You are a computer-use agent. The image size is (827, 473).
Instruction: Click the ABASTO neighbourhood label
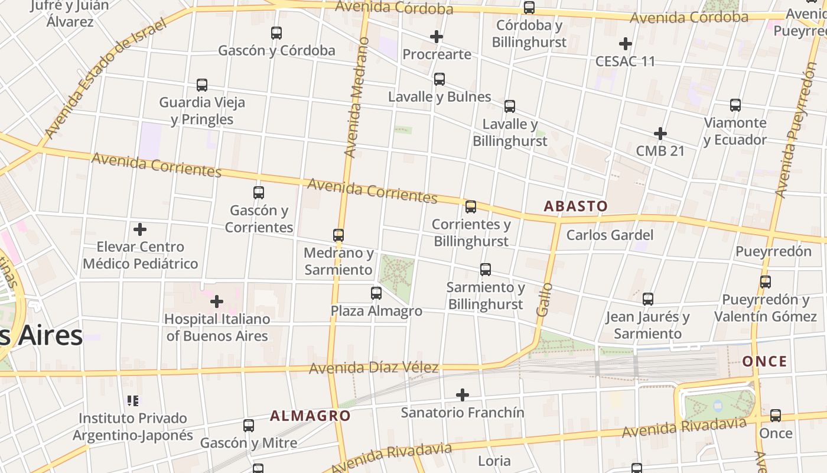tap(575, 206)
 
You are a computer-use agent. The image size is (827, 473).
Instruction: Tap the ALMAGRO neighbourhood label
tap(310, 416)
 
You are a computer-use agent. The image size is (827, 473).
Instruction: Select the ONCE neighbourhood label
tap(764, 361)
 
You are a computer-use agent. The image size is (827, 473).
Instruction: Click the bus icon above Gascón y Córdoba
tap(276, 33)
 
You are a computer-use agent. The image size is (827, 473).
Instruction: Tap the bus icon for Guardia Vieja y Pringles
tap(202, 85)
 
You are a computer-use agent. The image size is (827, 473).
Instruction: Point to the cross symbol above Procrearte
tap(437, 37)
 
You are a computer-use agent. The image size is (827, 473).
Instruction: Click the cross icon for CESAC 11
tap(626, 44)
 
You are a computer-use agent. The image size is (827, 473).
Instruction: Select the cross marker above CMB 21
tap(660, 134)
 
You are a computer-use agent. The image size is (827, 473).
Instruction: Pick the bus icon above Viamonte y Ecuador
tap(735, 105)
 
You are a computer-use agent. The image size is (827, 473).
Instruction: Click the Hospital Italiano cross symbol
tap(217, 302)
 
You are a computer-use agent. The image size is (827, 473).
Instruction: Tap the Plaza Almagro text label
tap(376, 311)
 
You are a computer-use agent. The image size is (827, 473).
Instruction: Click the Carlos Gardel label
tap(610, 235)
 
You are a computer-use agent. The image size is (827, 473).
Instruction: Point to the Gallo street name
tap(545, 299)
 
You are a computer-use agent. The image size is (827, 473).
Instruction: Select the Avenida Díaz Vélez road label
tap(374, 368)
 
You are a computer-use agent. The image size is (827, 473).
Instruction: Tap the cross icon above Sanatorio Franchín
tap(463, 394)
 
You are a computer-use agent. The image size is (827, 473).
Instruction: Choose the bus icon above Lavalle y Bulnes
tap(439, 79)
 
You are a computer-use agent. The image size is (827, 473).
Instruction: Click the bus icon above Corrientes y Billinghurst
tap(471, 207)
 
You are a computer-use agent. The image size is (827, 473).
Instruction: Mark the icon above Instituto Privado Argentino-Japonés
tap(133, 401)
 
